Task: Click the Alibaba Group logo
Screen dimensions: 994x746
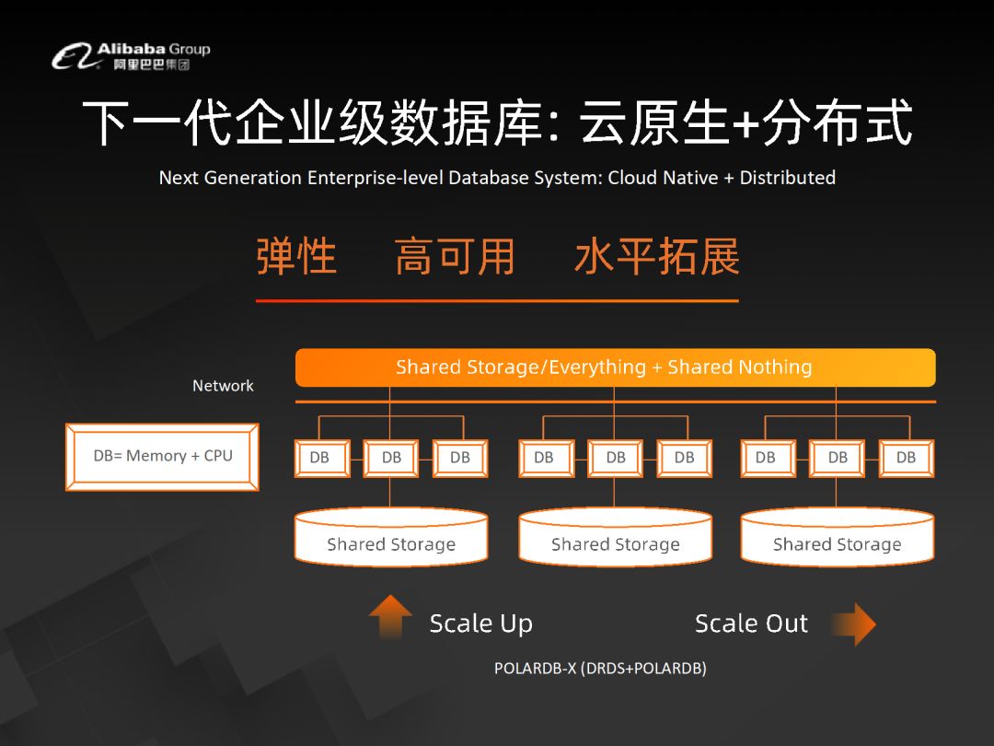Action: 131,56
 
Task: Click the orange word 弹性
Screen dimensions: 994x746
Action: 296,257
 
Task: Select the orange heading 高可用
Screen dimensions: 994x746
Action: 455,257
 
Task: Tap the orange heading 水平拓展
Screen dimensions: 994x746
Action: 657,257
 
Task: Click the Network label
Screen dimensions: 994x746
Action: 223,386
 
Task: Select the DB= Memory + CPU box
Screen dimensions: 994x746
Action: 162,457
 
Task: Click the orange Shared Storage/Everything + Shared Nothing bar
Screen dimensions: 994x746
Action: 615,367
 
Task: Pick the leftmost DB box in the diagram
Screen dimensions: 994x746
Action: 322,458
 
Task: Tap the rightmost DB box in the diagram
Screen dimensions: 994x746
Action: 907,458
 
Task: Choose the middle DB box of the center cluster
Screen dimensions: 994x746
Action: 615,458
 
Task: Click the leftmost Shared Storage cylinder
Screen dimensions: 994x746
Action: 391,537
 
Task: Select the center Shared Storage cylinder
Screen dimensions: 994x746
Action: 615,537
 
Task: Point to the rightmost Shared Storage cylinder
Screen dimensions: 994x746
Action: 838,537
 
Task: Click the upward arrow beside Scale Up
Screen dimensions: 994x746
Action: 390,615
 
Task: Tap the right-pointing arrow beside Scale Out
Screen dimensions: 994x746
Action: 854,624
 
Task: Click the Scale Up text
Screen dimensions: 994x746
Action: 481,624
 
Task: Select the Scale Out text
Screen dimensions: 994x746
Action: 751,624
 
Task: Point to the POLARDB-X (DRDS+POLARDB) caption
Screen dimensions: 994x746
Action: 600,669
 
